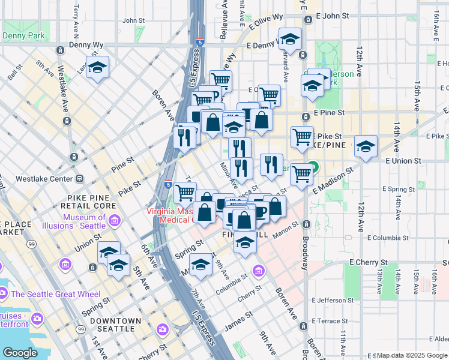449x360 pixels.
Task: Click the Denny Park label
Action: (x=23, y=36)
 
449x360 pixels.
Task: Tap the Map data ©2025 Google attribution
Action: (x=412, y=356)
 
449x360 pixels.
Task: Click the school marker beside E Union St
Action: (x=366, y=146)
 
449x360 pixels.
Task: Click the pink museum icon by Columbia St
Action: (x=259, y=271)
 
